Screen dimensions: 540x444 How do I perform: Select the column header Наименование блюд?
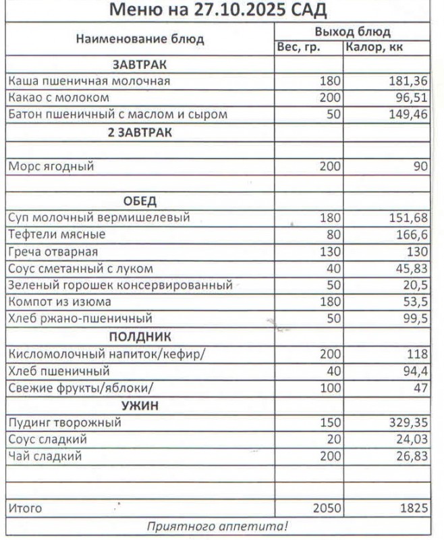pos(140,39)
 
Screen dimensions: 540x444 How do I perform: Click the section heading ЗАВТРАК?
pos(140,64)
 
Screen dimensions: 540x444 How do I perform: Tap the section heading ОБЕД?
pos(140,200)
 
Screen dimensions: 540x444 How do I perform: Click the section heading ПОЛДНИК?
pos(140,336)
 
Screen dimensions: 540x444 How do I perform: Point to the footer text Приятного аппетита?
pos(217,526)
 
